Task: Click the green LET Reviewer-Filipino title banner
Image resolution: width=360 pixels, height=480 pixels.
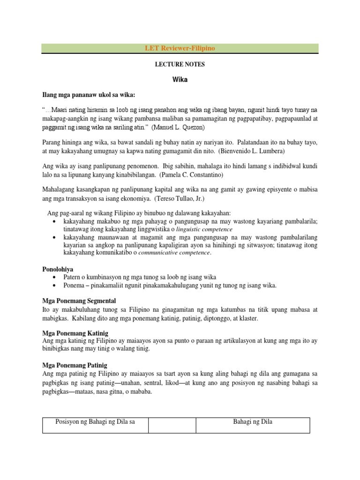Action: point(180,49)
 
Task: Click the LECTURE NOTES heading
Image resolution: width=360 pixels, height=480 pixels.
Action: point(180,64)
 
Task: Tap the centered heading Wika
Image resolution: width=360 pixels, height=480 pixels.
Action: point(180,80)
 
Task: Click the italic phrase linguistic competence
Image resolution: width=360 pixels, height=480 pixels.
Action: point(204,229)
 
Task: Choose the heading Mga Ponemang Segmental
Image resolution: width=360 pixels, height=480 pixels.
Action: point(79,300)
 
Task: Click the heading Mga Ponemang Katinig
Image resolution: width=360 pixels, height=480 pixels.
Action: point(75,333)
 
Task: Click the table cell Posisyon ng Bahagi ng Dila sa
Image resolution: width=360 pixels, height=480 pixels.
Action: point(95,421)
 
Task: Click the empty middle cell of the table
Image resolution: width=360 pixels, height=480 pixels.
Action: point(172,425)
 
